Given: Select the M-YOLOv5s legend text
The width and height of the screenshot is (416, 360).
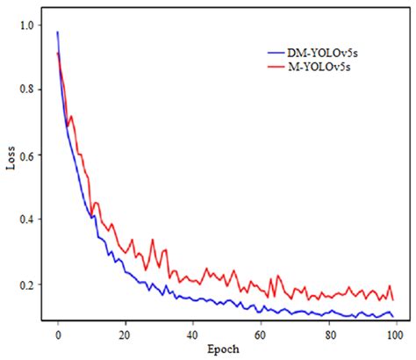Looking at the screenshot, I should (x=326, y=66).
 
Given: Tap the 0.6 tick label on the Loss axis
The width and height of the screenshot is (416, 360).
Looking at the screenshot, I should (x=28, y=155).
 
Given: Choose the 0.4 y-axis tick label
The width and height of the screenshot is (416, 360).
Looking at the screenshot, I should (x=28, y=220).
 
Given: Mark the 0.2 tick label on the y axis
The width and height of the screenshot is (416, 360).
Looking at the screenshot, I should (x=28, y=285).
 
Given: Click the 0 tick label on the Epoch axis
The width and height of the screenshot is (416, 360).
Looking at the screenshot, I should (x=58, y=335).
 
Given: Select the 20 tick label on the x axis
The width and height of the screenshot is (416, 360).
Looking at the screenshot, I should (x=126, y=335).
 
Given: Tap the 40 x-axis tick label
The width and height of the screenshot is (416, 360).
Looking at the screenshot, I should (x=193, y=335).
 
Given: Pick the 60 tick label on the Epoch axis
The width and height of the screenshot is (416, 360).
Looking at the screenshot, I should (x=261, y=335).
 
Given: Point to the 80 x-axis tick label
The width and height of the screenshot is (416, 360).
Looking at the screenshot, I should (x=328, y=335).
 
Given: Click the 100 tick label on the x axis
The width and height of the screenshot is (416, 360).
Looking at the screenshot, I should (x=396, y=335).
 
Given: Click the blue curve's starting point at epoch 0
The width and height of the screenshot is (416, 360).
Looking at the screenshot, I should (x=58, y=32).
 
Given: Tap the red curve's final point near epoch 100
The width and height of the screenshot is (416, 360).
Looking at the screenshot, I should (x=392, y=300).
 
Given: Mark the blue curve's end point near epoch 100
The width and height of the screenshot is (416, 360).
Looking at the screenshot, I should (x=393, y=317).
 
